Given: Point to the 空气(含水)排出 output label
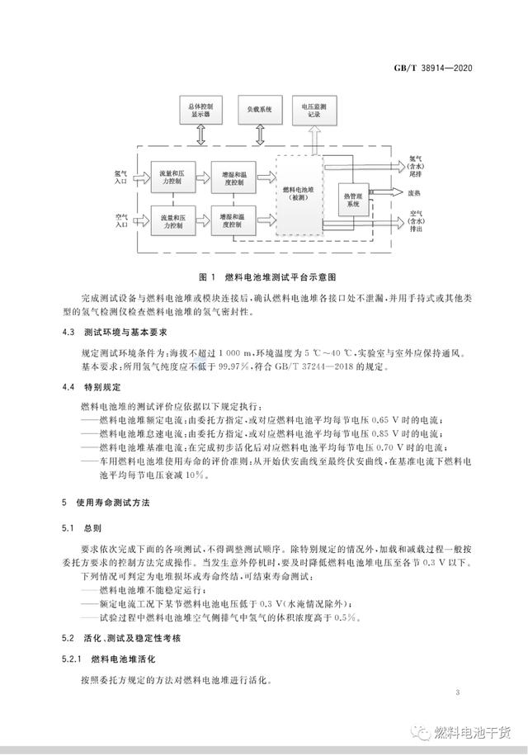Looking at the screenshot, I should click(x=418, y=223).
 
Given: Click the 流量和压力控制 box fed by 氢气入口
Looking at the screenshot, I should click(x=172, y=176).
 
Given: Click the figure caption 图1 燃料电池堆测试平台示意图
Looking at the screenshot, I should click(x=263, y=276).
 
